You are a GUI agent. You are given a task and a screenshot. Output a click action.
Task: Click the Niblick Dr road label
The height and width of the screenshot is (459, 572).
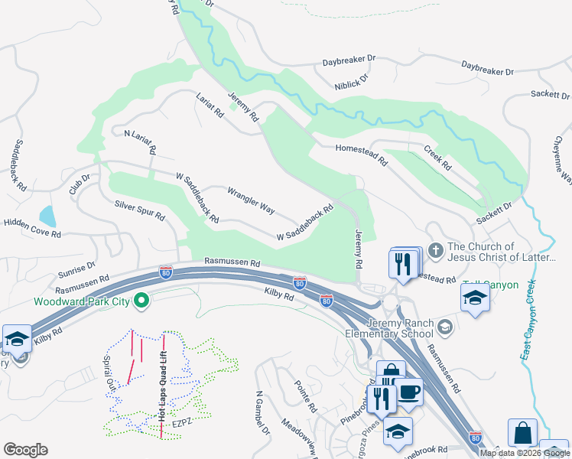point(352,81)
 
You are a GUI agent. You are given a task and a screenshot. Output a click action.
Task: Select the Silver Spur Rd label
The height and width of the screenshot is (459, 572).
point(140,210)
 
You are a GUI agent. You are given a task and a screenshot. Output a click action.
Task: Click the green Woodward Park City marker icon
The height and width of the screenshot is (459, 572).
point(141,301)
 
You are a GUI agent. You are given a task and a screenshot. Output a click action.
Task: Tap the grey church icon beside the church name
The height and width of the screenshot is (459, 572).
point(435,250)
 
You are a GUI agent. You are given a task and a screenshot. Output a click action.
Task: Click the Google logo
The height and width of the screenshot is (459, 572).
point(25,450)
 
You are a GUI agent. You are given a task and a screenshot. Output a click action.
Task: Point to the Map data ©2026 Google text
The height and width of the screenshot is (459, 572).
point(524,453)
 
